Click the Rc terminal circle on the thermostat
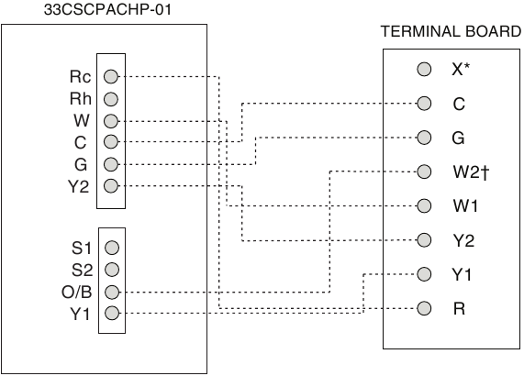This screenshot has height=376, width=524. (111, 76)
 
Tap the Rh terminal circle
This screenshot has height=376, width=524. (111, 99)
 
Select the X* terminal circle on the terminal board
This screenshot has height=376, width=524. (424, 69)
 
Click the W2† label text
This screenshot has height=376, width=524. (471, 172)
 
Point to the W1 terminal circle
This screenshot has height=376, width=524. (424, 205)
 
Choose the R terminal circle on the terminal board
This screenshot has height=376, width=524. (424, 308)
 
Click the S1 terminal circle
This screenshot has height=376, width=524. (112, 248)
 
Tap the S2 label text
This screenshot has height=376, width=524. (82, 271)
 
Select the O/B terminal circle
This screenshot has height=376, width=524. (112, 293)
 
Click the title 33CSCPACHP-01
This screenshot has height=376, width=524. (107, 10)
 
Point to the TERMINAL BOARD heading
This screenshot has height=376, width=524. (452, 31)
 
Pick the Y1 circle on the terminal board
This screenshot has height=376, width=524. (424, 274)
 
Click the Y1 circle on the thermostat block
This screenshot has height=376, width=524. (112, 314)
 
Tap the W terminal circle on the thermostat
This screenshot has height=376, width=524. (111, 121)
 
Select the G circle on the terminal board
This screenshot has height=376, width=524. (424, 138)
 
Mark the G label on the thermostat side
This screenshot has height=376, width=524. (81, 165)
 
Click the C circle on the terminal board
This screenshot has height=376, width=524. (424, 104)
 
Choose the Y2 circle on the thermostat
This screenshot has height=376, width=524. (111, 185)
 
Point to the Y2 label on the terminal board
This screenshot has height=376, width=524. (463, 240)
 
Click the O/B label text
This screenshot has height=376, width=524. (76, 293)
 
